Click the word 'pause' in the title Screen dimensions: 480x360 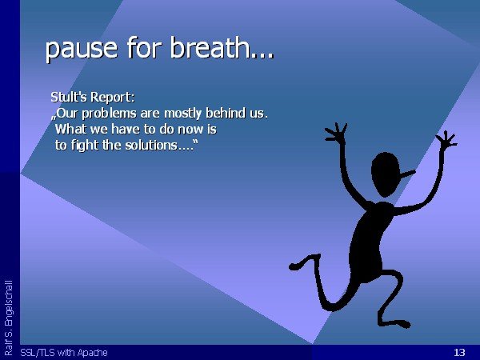coord(82,49)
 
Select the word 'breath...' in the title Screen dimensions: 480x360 coord(222,47)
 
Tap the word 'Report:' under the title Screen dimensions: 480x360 coord(113,98)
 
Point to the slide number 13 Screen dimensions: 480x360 coord(459,352)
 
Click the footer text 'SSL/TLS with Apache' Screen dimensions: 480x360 coord(64,353)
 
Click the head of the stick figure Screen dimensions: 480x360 coord(386,174)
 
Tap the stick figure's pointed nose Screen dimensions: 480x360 coord(408,174)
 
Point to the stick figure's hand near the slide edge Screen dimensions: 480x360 coord(446,141)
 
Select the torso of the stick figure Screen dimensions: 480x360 coord(369,238)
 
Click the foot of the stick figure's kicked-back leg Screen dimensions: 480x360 coord(296,266)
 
